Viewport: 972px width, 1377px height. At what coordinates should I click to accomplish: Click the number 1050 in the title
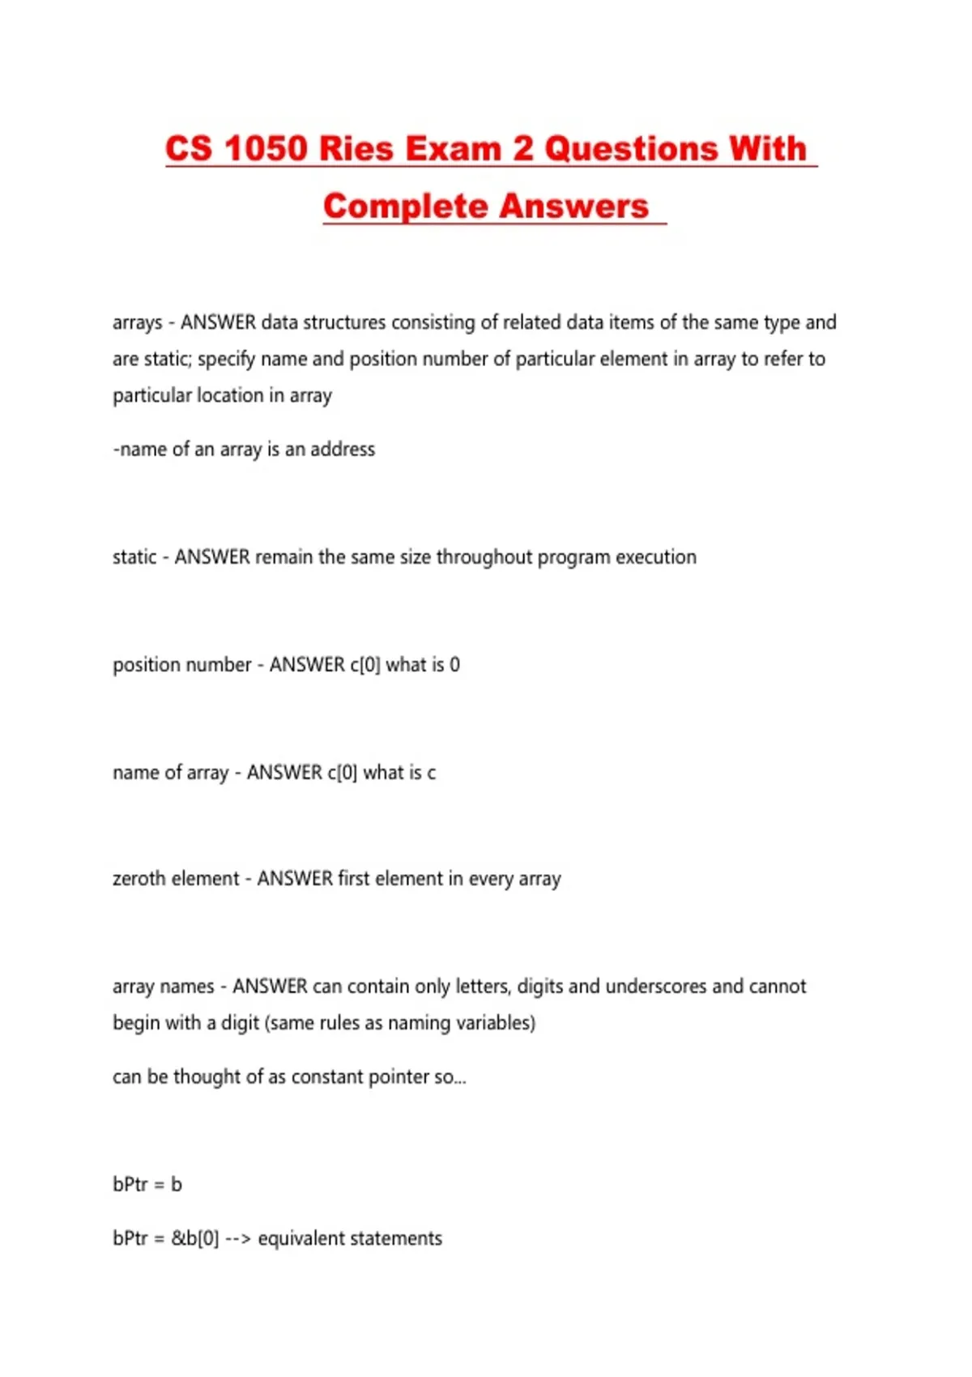tap(266, 149)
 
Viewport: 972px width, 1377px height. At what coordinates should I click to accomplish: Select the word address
tap(343, 450)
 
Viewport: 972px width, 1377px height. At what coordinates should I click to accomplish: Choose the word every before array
tap(492, 879)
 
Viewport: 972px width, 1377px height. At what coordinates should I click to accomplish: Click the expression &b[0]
tap(194, 1238)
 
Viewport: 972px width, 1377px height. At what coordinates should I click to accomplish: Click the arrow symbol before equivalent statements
tap(238, 1238)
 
